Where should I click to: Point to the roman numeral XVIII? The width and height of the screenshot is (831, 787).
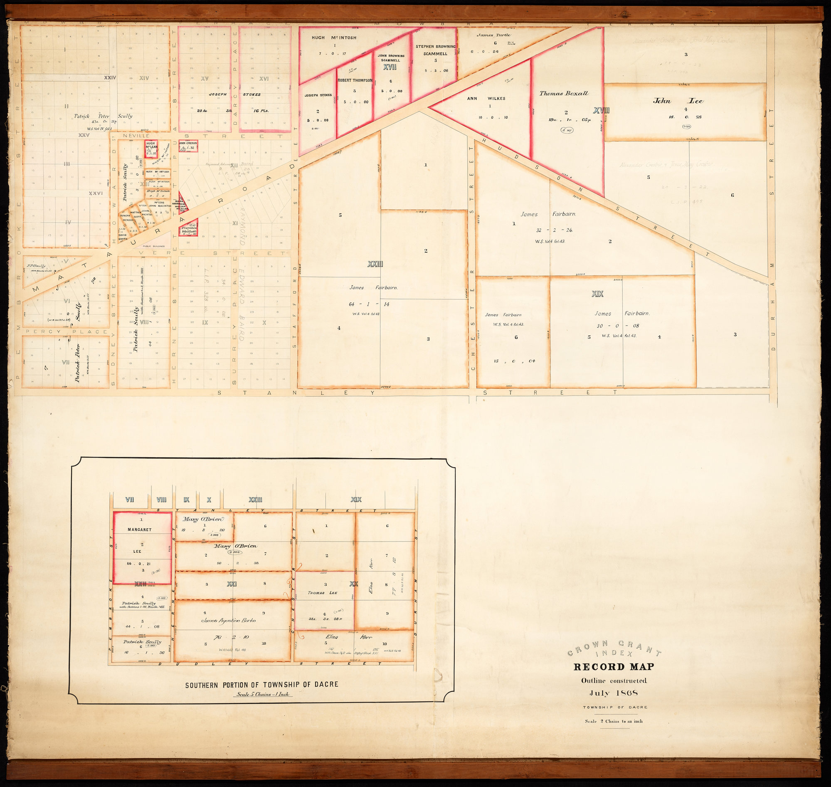pos(601,111)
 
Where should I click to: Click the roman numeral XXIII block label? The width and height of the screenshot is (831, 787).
pos(375,264)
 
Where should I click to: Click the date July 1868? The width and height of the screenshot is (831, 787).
pos(614,693)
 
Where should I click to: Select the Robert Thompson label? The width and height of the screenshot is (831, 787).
pos(355,81)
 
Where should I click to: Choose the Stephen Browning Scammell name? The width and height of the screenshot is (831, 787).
pos(435,50)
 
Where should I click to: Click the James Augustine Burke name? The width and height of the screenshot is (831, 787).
pos(229,621)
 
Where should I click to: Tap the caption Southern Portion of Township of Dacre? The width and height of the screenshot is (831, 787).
pos(261,685)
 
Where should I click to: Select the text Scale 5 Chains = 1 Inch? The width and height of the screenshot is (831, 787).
pos(261,694)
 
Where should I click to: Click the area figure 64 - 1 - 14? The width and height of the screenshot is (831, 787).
pos(369,304)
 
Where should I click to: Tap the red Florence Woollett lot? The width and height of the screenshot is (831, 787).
pos(189,229)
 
